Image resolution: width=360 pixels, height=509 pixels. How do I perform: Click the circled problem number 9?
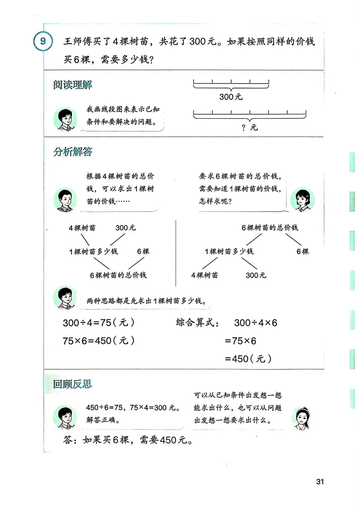(43, 41)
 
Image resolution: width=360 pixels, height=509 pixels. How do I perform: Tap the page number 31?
(320, 482)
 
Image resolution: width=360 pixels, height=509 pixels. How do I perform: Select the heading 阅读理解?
(72, 85)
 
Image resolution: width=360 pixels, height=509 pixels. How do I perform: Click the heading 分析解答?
(73, 152)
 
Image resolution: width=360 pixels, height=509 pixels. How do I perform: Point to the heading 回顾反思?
(72, 384)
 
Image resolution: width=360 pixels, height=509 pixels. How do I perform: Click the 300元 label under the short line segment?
(231, 97)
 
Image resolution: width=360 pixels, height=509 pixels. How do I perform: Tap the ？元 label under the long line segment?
(249, 127)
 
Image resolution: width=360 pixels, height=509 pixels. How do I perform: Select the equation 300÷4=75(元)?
(99, 323)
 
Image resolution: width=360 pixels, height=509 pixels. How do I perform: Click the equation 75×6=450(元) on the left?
(99, 341)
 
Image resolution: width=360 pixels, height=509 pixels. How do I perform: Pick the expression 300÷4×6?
(255, 323)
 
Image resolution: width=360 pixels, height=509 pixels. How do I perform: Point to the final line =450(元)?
(248, 359)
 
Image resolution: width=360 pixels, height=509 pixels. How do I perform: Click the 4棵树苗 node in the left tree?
(82, 228)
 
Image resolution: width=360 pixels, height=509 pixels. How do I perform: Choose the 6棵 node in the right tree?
(303, 251)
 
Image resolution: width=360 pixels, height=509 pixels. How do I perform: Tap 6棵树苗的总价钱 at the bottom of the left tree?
(118, 275)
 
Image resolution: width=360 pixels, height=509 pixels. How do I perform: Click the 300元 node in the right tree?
(256, 275)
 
